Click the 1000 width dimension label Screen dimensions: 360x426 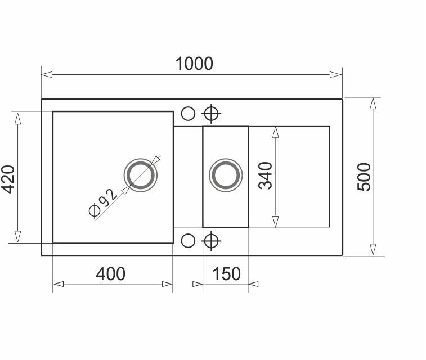point(194,64)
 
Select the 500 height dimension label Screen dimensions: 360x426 point(365,177)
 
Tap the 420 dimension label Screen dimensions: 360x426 point(8,179)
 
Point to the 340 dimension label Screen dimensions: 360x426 point(265,175)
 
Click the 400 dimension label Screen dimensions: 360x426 point(110,274)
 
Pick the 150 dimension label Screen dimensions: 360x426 point(226,274)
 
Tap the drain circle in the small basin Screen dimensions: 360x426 point(226,175)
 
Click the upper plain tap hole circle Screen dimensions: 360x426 point(188,114)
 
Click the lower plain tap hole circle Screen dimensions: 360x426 point(188,241)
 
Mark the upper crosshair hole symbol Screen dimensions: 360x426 point(211,114)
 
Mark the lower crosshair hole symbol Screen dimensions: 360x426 point(211,241)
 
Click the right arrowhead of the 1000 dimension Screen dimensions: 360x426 point(336,74)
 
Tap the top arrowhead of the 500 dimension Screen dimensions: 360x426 point(373,105)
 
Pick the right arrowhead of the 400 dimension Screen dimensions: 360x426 point(167,284)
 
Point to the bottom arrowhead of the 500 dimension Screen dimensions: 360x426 point(373,250)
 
